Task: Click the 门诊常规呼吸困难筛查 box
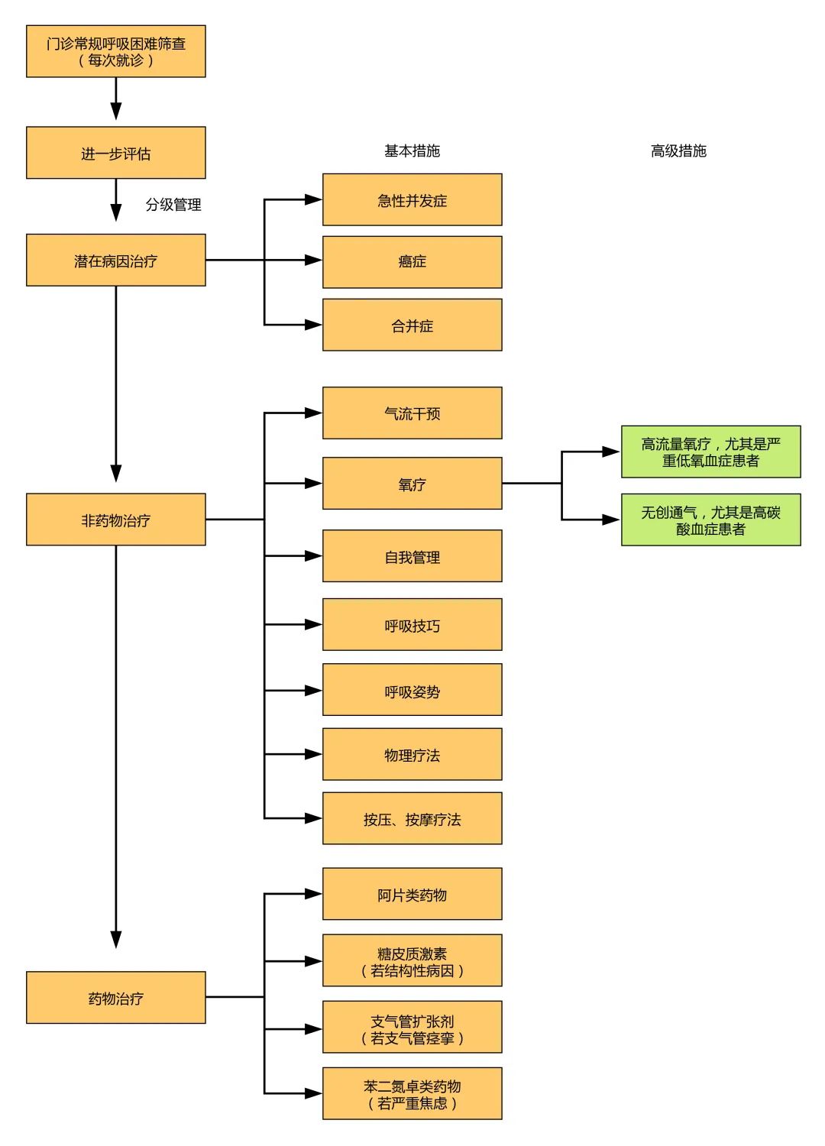[x=116, y=51]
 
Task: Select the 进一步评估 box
[x=116, y=153]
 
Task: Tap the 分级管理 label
[x=173, y=205]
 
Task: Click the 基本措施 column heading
[x=412, y=151]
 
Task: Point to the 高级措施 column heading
[x=678, y=151]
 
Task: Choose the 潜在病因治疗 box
[x=116, y=261]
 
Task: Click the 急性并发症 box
[x=412, y=200]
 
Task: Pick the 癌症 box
[x=412, y=262]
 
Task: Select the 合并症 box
[x=412, y=325]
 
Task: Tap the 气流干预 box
[x=412, y=413]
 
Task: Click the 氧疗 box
[x=412, y=484]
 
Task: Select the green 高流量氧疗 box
[x=710, y=452]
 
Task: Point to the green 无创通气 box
[x=710, y=520]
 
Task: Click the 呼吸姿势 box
[x=412, y=691]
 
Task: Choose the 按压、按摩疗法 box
[x=412, y=819]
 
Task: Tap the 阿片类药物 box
[x=412, y=895]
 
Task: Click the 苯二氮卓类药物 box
[x=412, y=1094]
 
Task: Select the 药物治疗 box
[x=116, y=998]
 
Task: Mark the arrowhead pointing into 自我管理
[x=314, y=556]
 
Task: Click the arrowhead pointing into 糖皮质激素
[x=314, y=961]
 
